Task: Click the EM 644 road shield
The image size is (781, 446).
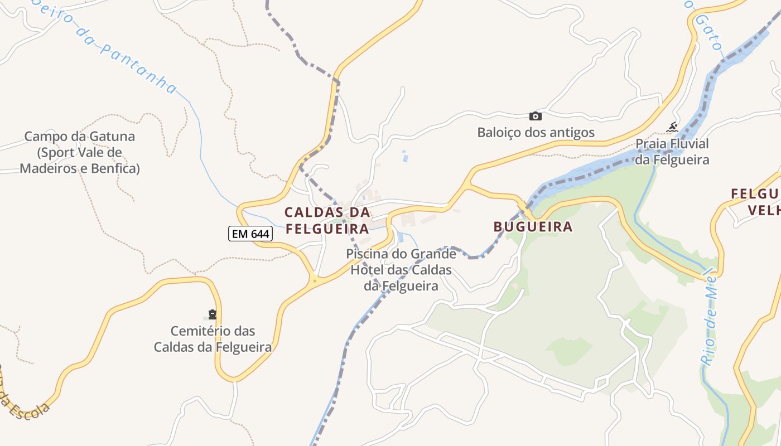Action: (x=250, y=234)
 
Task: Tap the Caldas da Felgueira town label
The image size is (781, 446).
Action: (x=327, y=220)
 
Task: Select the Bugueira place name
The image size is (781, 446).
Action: (x=533, y=226)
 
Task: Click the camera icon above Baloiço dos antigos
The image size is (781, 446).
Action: (x=535, y=116)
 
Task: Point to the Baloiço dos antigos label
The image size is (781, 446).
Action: (x=536, y=133)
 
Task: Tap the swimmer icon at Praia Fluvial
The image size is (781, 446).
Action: (x=672, y=128)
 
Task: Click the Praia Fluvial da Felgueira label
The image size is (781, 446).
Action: (x=672, y=152)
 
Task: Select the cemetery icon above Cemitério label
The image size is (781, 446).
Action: (x=212, y=314)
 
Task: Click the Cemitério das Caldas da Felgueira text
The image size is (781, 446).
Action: (x=213, y=339)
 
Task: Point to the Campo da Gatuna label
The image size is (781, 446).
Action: (x=79, y=152)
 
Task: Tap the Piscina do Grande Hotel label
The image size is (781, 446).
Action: (x=401, y=270)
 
